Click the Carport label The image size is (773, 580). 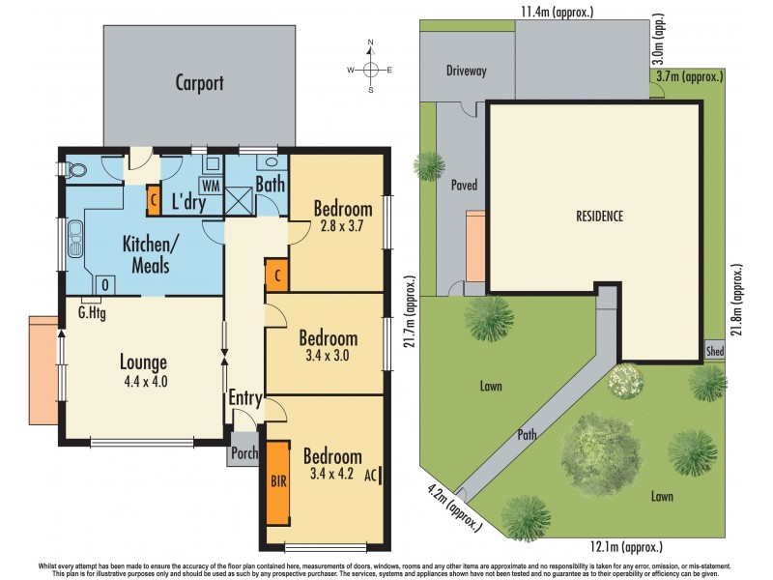click(x=199, y=83)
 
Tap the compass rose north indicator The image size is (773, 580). click(x=370, y=44)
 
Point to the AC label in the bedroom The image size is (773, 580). click(x=371, y=476)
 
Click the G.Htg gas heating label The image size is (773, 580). click(x=93, y=312)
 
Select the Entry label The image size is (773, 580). click(x=244, y=398)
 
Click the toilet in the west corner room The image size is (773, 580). click(x=74, y=170)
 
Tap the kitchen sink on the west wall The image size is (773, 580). click(x=74, y=240)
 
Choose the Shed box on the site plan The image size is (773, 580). click(x=715, y=351)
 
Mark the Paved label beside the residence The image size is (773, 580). click(x=464, y=184)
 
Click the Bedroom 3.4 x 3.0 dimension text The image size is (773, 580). click(x=328, y=355)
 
